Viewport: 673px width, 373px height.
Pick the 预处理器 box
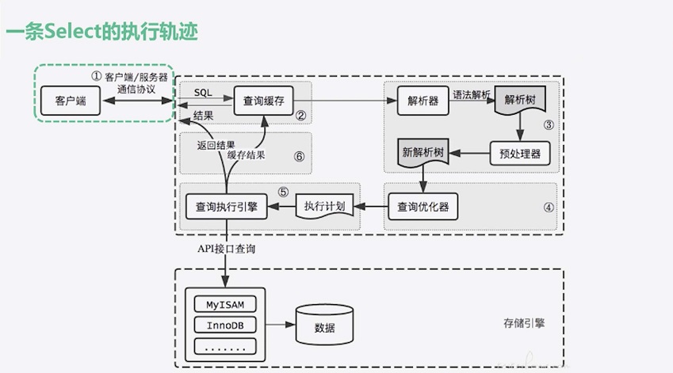tap(520, 154)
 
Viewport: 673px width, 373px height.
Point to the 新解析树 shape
tap(424, 153)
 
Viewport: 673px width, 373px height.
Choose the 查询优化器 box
tap(423, 207)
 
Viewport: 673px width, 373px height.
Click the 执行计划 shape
tap(323, 207)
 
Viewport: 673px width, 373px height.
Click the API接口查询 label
tap(227, 249)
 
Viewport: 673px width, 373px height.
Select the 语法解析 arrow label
tap(472, 93)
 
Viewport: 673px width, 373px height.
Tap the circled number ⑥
tap(299, 156)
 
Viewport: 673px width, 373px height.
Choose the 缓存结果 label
tap(246, 155)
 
